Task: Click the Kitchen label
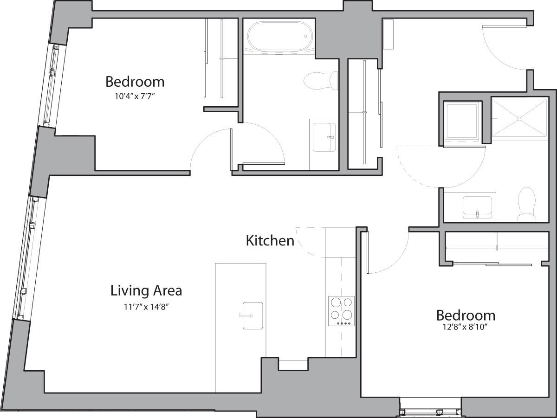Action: click(x=270, y=241)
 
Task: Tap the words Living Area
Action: click(x=146, y=291)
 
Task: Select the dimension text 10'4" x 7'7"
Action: click(x=135, y=96)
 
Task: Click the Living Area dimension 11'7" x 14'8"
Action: click(x=146, y=307)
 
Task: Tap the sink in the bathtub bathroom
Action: click(x=324, y=137)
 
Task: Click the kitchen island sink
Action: click(x=252, y=316)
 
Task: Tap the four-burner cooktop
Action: click(x=341, y=311)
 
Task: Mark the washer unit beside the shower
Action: click(x=461, y=122)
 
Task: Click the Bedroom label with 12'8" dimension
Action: click(x=466, y=315)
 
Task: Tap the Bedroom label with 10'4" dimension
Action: click(x=135, y=82)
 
